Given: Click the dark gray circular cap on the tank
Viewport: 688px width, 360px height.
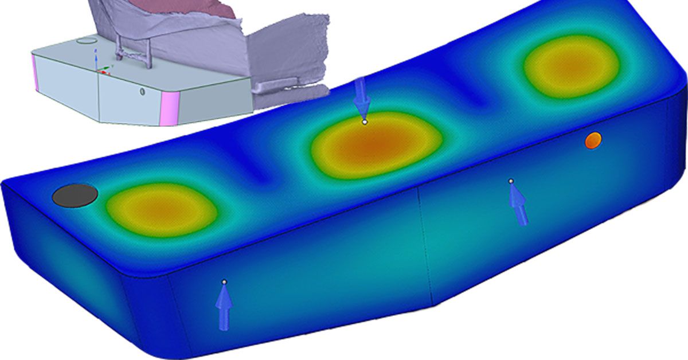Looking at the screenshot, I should (75, 195).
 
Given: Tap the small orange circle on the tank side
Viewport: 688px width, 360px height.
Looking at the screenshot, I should (593, 139).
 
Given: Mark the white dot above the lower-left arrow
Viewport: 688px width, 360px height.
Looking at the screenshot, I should (224, 281).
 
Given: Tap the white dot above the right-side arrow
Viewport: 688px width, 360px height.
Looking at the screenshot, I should (511, 181).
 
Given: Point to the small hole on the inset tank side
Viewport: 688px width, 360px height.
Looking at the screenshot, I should (142, 91).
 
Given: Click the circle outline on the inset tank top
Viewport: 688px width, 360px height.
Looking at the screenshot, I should (87, 41).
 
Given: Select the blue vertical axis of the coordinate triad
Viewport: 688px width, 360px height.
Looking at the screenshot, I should (95, 58).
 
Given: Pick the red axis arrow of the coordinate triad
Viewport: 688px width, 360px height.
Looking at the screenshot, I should (104, 72).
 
